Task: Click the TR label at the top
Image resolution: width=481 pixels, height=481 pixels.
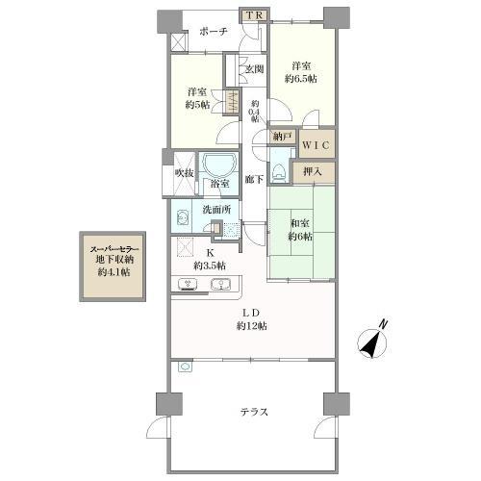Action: [255, 15]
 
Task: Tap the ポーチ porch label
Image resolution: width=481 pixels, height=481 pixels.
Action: [214, 32]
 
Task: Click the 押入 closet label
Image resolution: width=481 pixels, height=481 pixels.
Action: [313, 172]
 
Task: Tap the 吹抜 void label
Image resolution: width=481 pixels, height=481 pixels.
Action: [184, 173]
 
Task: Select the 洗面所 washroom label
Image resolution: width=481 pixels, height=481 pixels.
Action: [216, 210]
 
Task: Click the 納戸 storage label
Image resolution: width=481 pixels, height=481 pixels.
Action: [282, 137]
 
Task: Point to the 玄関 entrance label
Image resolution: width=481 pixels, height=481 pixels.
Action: [255, 68]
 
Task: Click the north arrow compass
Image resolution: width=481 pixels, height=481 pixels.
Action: [372, 342]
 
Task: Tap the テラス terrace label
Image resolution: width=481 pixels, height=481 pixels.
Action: [254, 411]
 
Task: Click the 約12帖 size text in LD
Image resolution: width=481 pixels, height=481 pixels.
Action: [251, 326]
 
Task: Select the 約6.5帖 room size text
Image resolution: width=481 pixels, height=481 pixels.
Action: [301, 79]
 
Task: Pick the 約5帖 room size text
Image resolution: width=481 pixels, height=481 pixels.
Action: [197, 105]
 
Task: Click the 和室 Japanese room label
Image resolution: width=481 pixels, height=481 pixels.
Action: [300, 223]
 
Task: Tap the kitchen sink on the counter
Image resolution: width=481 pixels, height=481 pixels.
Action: [220, 284]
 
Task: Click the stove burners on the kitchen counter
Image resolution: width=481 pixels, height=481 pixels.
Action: [188, 284]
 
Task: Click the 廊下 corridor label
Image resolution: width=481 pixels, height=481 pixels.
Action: [254, 179]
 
